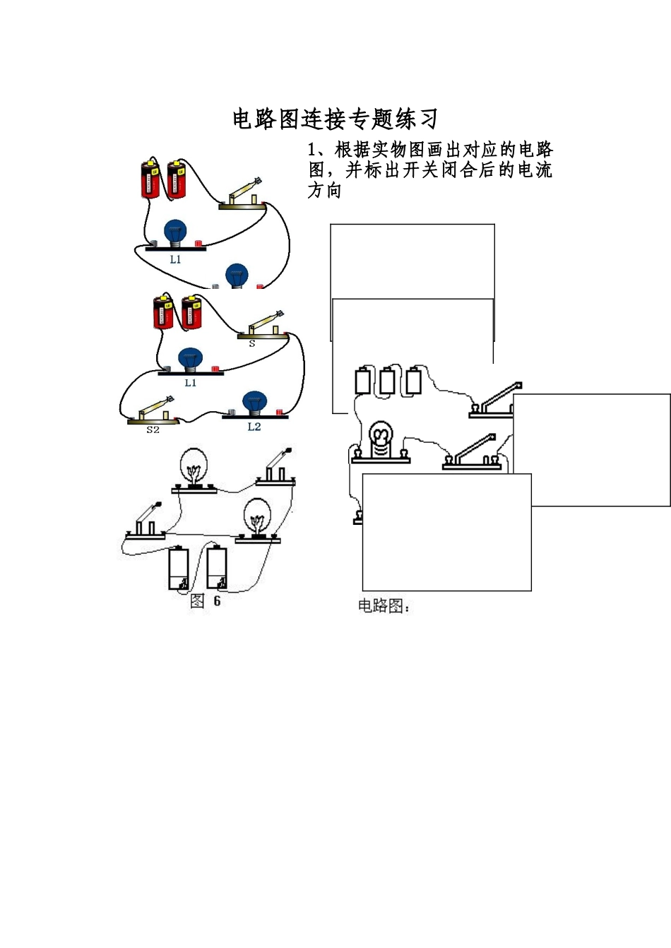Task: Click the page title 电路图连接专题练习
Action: click(x=335, y=119)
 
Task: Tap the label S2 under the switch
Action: click(x=153, y=429)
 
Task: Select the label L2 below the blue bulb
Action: click(x=254, y=427)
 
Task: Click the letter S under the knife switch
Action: click(x=251, y=344)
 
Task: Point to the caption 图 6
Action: click(x=206, y=601)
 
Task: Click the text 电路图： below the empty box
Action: click(x=384, y=606)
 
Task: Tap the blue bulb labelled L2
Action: click(x=254, y=403)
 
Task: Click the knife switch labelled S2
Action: click(x=151, y=413)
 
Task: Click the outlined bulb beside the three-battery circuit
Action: click(x=380, y=441)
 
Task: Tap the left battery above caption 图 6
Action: click(x=178, y=569)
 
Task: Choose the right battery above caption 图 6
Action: click(x=216, y=569)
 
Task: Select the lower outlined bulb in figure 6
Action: click(x=256, y=518)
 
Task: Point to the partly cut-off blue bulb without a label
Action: click(x=237, y=275)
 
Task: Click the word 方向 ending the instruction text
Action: click(x=324, y=190)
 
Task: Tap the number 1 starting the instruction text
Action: click(x=311, y=150)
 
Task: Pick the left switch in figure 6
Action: click(x=147, y=523)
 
